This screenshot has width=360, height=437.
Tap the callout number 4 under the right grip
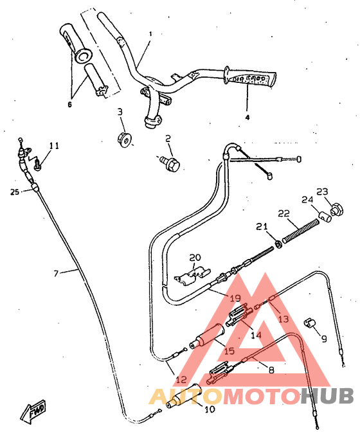click(246, 118)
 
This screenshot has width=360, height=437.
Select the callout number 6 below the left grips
click(69, 103)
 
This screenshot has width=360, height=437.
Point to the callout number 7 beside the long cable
click(56, 273)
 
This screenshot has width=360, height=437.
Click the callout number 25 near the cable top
click(15, 192)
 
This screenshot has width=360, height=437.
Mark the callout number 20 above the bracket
click(195, 257)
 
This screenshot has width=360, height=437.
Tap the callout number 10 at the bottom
click(210, 409)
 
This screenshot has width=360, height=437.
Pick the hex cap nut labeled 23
click(336, 209)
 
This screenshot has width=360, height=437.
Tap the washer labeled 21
click(278, 243)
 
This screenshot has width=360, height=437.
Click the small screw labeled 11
click(38, 165)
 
